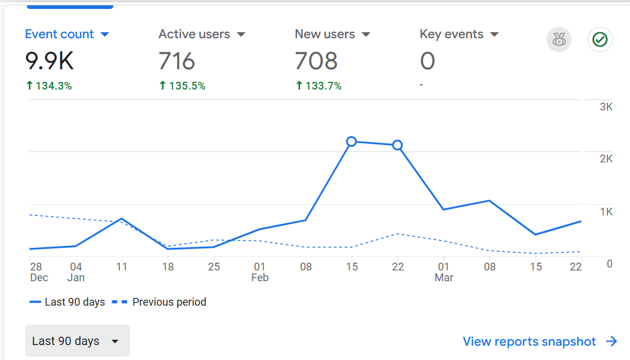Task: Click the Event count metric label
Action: (59, 35)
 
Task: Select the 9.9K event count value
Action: (50, 61)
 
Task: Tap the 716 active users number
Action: (177, 61)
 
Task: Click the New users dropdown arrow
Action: (366, 35)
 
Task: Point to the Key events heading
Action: (451, 35)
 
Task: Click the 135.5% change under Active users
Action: (182, 86)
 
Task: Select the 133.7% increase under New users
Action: (319, 86)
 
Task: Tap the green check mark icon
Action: (600, 40)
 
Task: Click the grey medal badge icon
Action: (559, 40)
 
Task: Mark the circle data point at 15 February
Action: (351, 141)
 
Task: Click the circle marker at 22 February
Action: (397, 145)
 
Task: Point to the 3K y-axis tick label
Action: (606, 107)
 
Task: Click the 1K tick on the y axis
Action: (606, 212)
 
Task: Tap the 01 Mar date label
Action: (444, 272)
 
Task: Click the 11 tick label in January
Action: (122, 267)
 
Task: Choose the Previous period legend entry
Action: (159, 302)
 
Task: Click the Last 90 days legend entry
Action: (67, 302)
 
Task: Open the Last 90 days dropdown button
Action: (77, 341)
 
